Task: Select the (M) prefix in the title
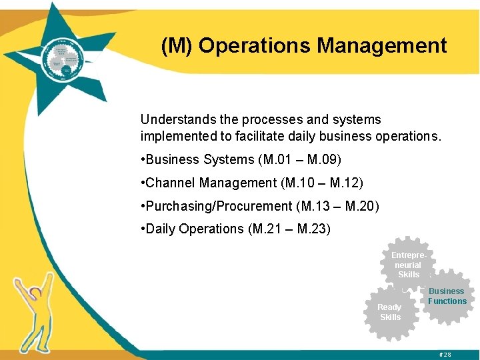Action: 177,45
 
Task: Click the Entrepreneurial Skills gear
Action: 408,265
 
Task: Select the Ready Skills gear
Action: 391,312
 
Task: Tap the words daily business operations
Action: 375,137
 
